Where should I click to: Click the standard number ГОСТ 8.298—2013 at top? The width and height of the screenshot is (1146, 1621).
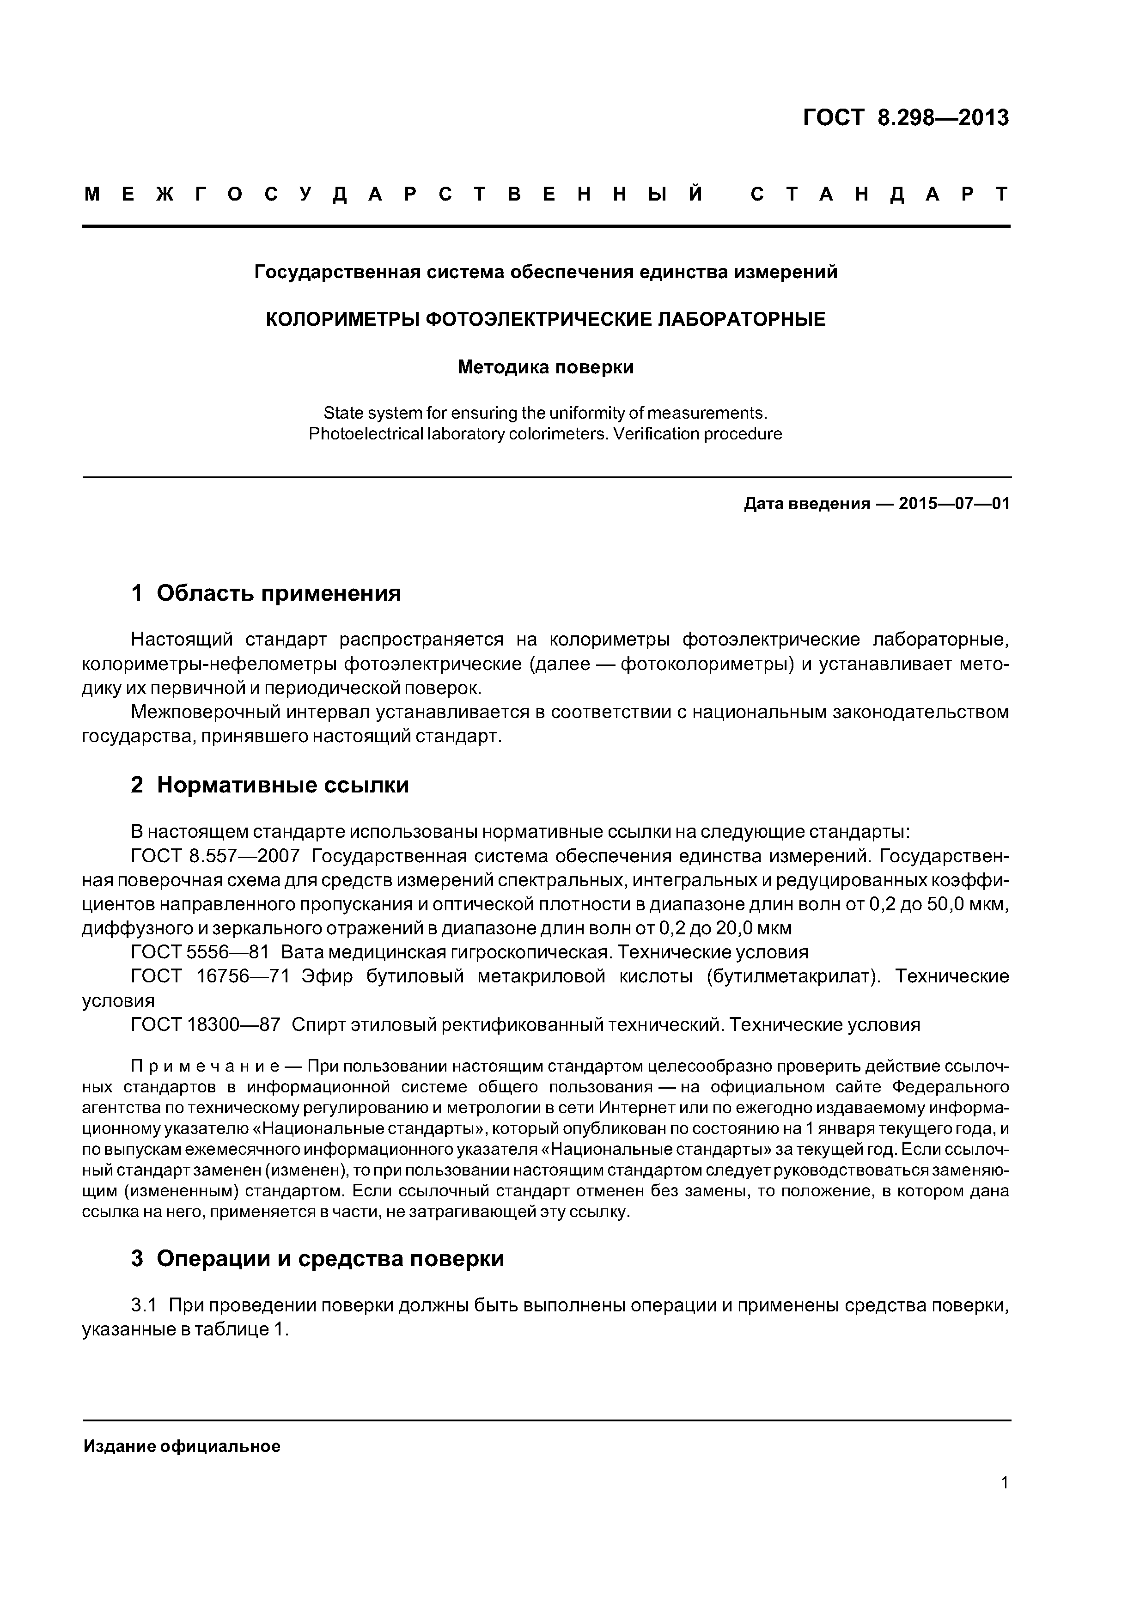[x=906, y=118]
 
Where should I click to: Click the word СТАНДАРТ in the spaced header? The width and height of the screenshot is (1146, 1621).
[x=879, y=194]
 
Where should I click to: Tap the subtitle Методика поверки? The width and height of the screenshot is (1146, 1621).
[x=545, y=367]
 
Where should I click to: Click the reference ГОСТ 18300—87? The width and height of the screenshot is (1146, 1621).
[x=206, y=1024]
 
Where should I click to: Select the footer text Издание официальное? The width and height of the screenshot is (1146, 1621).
[x=182, y=1447]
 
